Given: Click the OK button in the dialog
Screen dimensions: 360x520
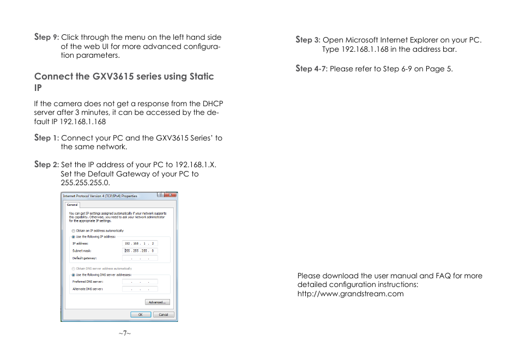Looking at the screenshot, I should (x=140, y=315).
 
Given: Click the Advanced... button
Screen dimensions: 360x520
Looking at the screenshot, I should (x=158, y=302).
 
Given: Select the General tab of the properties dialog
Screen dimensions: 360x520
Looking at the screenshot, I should (x=72, y=205).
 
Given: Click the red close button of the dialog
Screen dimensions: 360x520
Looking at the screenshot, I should (x=172, y=195).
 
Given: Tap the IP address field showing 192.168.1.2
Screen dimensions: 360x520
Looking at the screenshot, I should (x=140, y=243).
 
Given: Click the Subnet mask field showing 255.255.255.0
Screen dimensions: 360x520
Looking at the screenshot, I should (x=140, y=251).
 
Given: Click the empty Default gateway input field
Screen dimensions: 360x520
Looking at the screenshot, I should (x=140, y=258).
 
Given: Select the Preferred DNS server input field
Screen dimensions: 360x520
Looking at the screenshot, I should (x=140, y=282).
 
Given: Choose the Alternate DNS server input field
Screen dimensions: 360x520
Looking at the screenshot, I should (x=140, y=289).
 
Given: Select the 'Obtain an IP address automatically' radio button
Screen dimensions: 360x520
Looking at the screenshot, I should (x=74, y=230).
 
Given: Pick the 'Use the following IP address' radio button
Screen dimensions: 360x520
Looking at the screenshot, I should (x=74, y=237).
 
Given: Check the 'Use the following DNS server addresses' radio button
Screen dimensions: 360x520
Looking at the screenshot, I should (x=74, y=275).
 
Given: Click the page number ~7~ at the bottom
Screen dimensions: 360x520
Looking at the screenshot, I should (x=125, y=333).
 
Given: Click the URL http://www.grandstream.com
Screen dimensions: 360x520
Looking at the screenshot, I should (x=350, y=294).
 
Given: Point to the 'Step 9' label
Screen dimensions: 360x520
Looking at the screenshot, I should (x=46, y=38).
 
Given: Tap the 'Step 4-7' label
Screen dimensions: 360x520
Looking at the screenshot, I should (x=311, y=69).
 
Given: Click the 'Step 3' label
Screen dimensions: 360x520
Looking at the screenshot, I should (x=307, y=40).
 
